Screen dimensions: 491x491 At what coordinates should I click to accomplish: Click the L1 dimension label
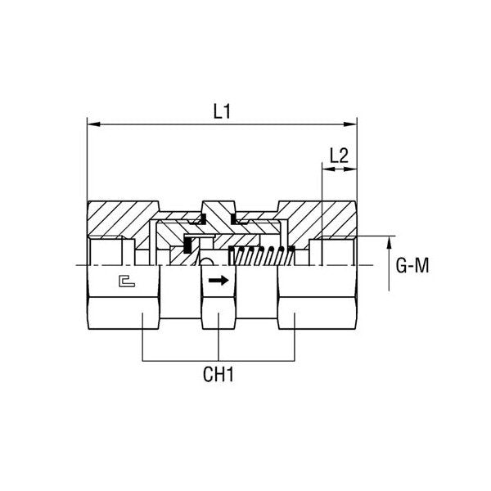(x=221, y=111)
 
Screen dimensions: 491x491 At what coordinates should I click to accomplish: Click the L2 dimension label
(x=340, y=154)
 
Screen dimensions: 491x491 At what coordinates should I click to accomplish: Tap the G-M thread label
(x=412, y=265)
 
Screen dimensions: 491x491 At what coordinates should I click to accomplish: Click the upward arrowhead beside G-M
(x=390, y=242)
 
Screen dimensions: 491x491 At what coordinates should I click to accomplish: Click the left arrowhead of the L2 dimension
(x=326, y=170)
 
